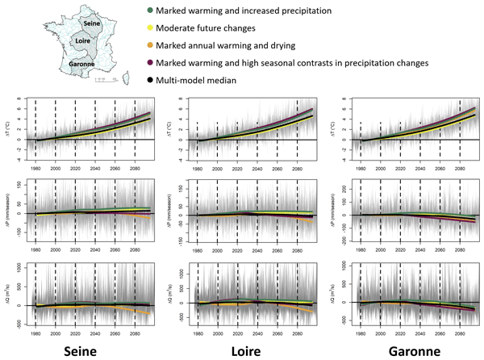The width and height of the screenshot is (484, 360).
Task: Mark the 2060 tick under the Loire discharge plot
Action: [x=277, y=332]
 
